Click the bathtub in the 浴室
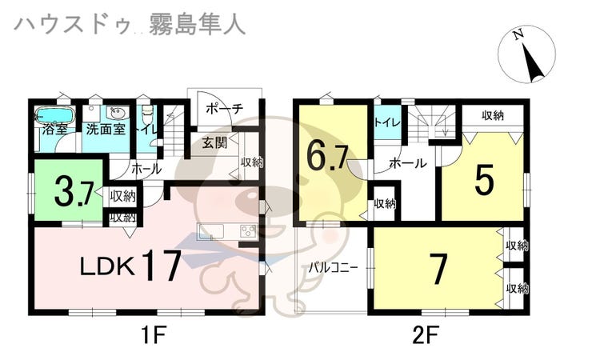[x=55, y=115]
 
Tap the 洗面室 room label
[x=106, y=130]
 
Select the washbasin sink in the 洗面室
[x=116, y=112]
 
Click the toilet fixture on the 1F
[x=148, y=112]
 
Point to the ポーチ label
[x=225, y=109]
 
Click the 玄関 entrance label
[x=214, y=142]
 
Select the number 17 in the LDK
[x=162, y=266]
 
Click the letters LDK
[x=108, y=266]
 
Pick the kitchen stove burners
[x=249, y=230]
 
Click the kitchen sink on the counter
[x=212, y=230]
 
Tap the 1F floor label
[x=154, y=334]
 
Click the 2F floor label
[x=425, y=334]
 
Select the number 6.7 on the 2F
[x=326, y=156]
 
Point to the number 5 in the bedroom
[x=484, y=180]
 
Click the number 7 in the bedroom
[x=438, y=269]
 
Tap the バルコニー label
[x=333, y=267]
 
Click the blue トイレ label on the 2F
[x=387, y=122]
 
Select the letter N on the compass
[x=518, y=34]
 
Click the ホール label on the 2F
[x=408, y=163]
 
